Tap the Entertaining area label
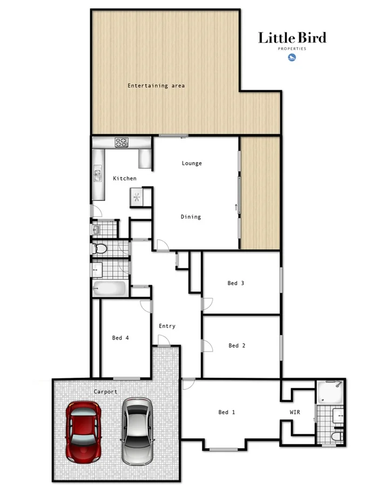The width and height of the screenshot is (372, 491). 156,85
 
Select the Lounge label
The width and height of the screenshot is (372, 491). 192,163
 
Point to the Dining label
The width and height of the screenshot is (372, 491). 191,217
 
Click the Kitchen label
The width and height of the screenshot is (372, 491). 124,178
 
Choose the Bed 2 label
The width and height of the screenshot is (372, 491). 237,346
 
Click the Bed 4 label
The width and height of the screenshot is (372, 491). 120,338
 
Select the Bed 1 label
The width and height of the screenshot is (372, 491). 227,413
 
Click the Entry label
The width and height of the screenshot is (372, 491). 167,326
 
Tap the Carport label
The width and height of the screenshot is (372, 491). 105,392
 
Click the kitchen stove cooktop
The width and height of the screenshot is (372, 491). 121,143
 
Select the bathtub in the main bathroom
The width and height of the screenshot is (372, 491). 110,288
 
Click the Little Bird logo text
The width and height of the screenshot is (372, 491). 292,38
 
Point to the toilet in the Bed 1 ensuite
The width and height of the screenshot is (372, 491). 335,436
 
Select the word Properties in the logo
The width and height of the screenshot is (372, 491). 292,49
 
